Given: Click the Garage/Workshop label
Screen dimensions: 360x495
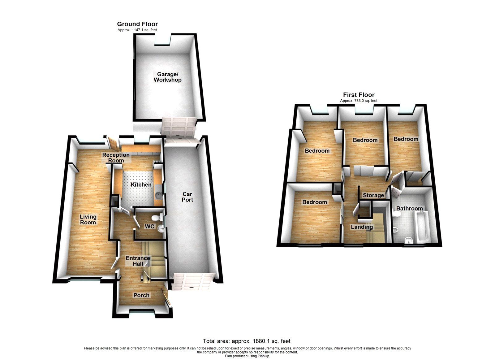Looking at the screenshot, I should click(167, 77).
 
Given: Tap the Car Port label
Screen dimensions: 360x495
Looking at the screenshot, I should click(187, 197).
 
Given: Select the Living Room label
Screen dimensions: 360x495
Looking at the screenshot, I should click(88, 219).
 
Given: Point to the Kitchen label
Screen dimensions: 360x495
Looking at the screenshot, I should click(141, 184).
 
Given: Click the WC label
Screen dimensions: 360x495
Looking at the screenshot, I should click(149, 226).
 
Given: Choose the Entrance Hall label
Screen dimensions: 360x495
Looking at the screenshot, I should click(138, 261).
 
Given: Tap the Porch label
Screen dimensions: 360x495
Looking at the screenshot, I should click(141, 295).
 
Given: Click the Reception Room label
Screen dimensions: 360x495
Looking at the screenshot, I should click(116, 158).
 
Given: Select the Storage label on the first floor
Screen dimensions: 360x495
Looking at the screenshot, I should click(373, 195).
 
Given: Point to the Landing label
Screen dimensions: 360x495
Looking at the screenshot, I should click(362, 227).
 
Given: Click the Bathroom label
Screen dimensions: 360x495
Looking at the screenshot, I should click(409, 208).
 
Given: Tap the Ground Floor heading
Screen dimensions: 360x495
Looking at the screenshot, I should click(137, 24).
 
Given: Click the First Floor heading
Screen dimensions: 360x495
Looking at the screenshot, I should click(359, 95).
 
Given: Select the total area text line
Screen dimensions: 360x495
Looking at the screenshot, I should click(247, 341).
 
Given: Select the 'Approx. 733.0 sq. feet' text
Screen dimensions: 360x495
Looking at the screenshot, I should click(359, 101).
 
